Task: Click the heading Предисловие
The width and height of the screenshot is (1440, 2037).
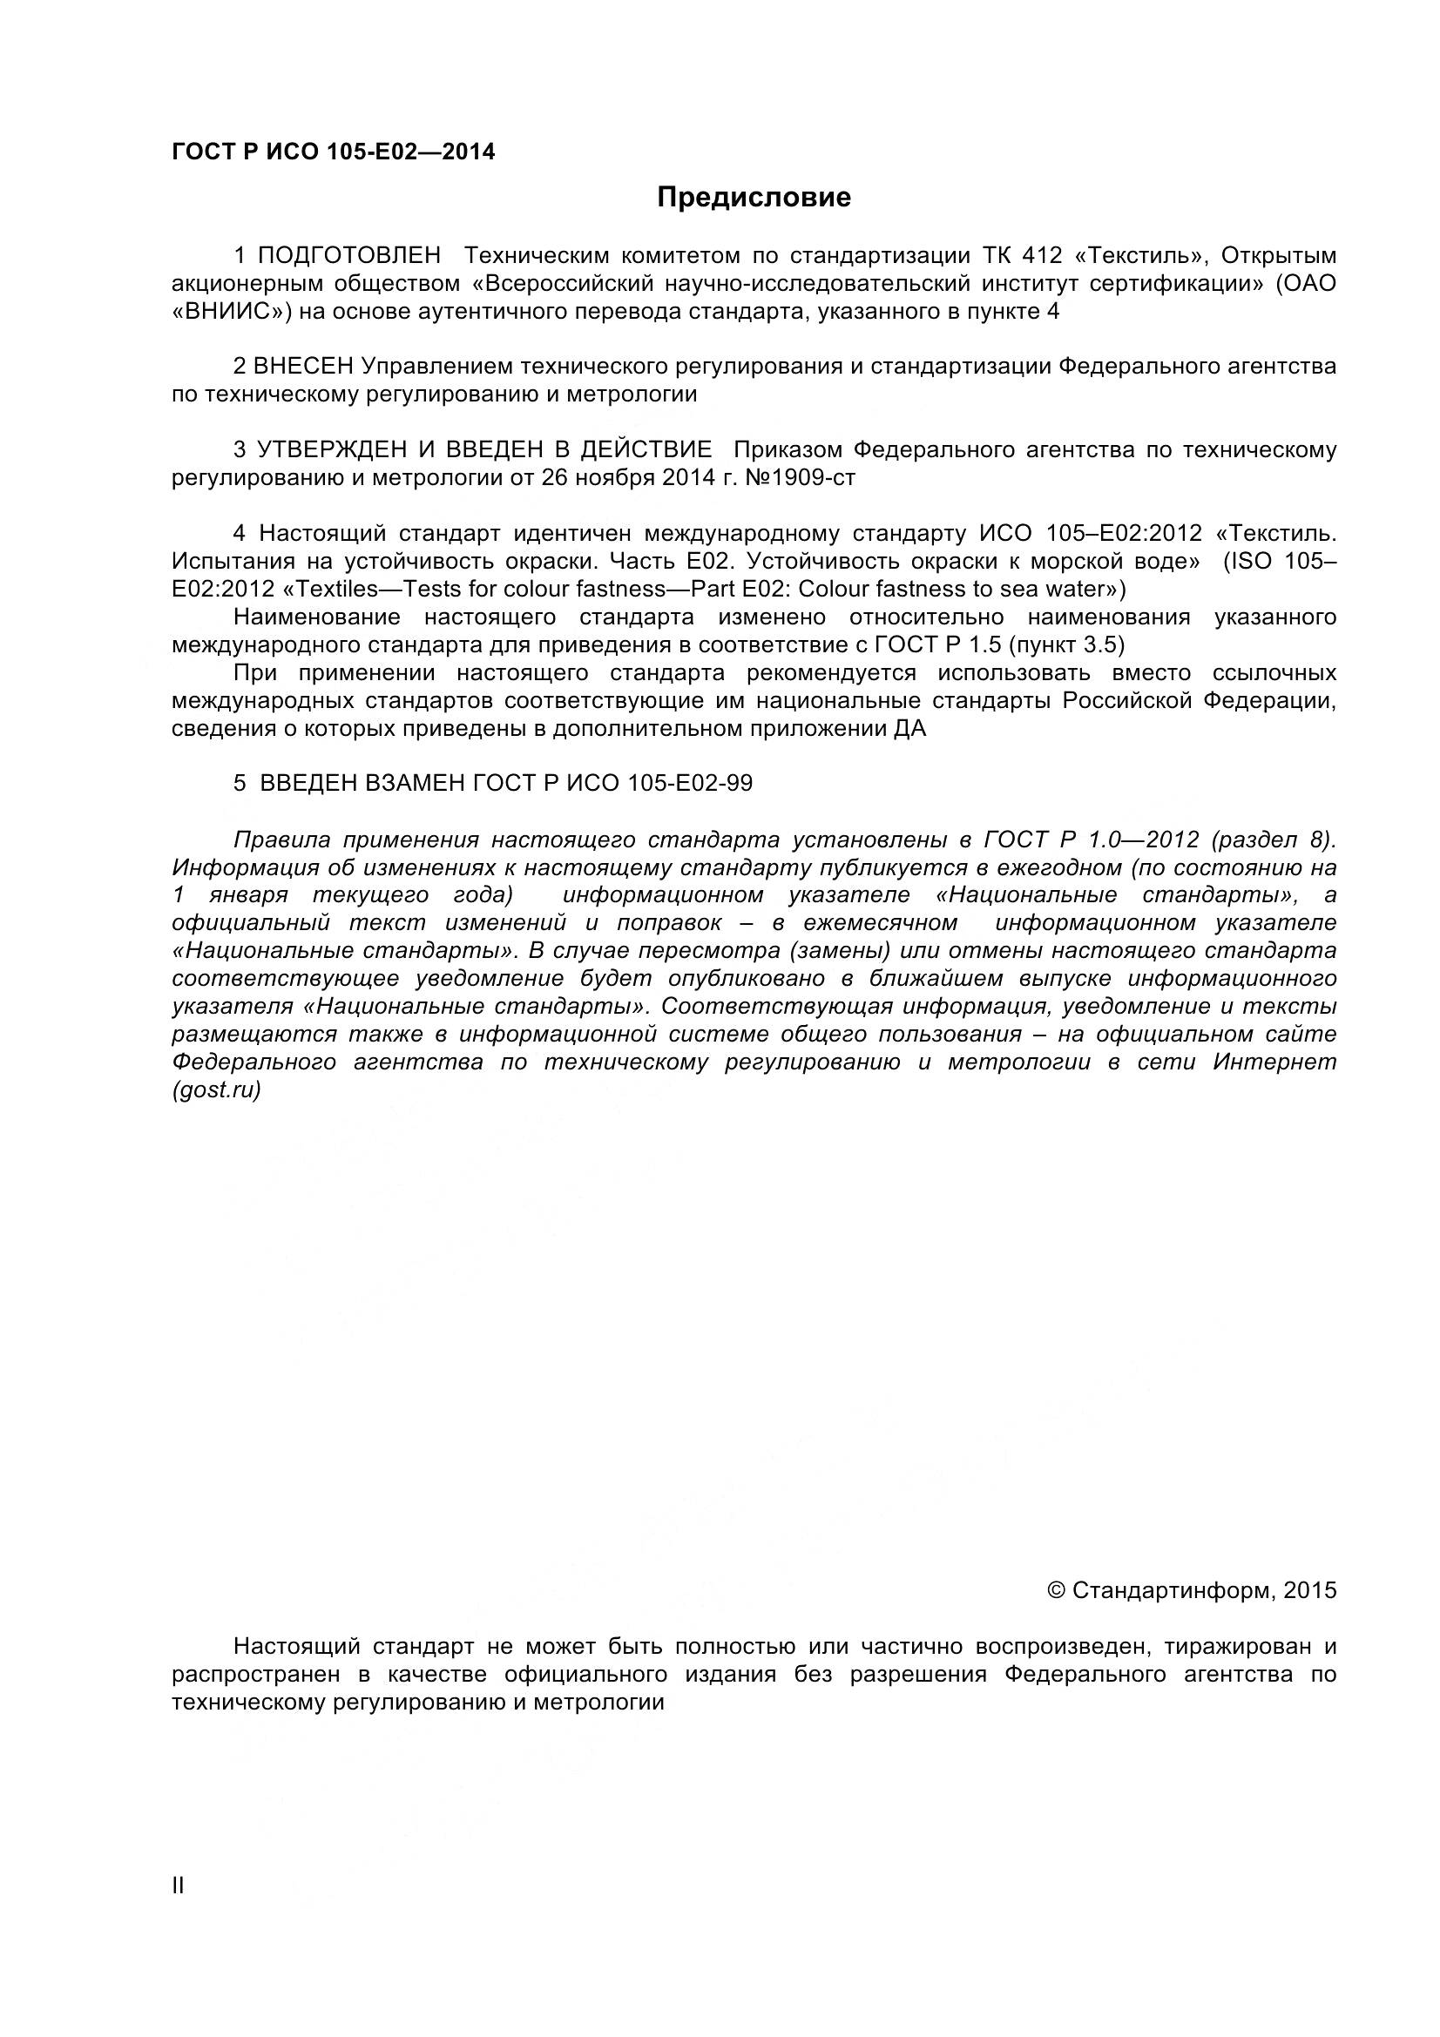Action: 754,198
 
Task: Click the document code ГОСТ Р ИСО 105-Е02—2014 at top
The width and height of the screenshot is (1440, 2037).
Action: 333,152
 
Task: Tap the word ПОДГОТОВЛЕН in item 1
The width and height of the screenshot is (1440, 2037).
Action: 348,255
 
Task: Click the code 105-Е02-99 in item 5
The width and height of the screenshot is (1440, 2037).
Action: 689,784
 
